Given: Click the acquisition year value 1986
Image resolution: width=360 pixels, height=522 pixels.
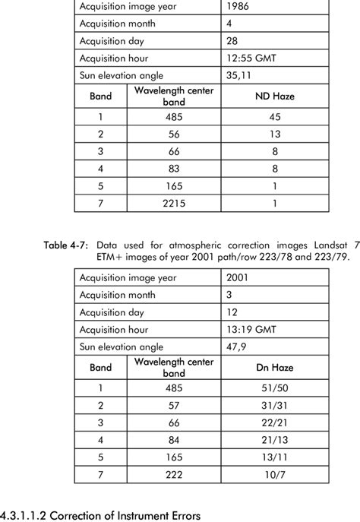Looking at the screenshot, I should click(239, 8).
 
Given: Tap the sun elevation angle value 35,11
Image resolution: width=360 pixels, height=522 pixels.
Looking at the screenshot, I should click(238, 74).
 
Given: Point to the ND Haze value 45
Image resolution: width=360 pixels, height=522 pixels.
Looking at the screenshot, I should click(274, 118).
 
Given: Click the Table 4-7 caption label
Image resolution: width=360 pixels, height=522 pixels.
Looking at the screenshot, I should click(66, 245).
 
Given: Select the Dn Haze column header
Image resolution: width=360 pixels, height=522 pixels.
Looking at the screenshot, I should click(274, 367).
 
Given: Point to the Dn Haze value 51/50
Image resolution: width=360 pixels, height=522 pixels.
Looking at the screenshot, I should click(274, 388).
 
